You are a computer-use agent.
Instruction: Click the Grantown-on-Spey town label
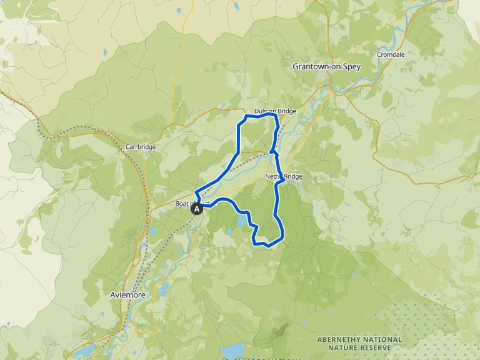click(326, 66)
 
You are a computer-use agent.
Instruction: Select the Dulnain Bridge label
click(275, 111)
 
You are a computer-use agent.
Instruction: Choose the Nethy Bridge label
click(284, 177)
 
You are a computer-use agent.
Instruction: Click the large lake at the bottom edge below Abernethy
click(235, 351)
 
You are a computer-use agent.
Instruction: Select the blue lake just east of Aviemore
click(164, 288)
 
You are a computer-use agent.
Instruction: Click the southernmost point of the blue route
click(267, 246)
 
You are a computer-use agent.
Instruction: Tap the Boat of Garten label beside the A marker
click(185, 202)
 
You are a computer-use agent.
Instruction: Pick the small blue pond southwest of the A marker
click(154, 231)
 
